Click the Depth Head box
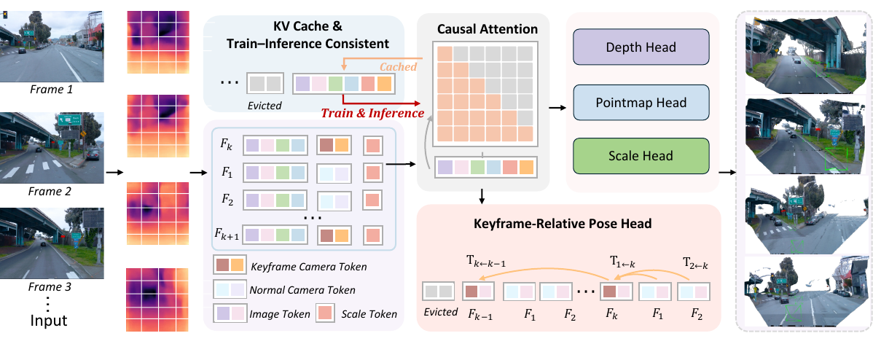click(x=641, y=48)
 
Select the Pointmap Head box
click(x=641, y=103)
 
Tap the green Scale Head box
click(x=641, y=157)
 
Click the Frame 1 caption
click(x=51, y=88)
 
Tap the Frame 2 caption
click(x=51, y=192)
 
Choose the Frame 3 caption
click(x=51, y=288)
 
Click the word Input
click(x=49, y=321)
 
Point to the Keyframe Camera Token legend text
click(x=309, y=267)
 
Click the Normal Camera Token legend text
click(x=302, y=290)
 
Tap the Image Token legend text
click(x=280, y=314)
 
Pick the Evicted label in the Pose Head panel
click(x=440, y=312)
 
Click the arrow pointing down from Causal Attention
click(x=482, y=195)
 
